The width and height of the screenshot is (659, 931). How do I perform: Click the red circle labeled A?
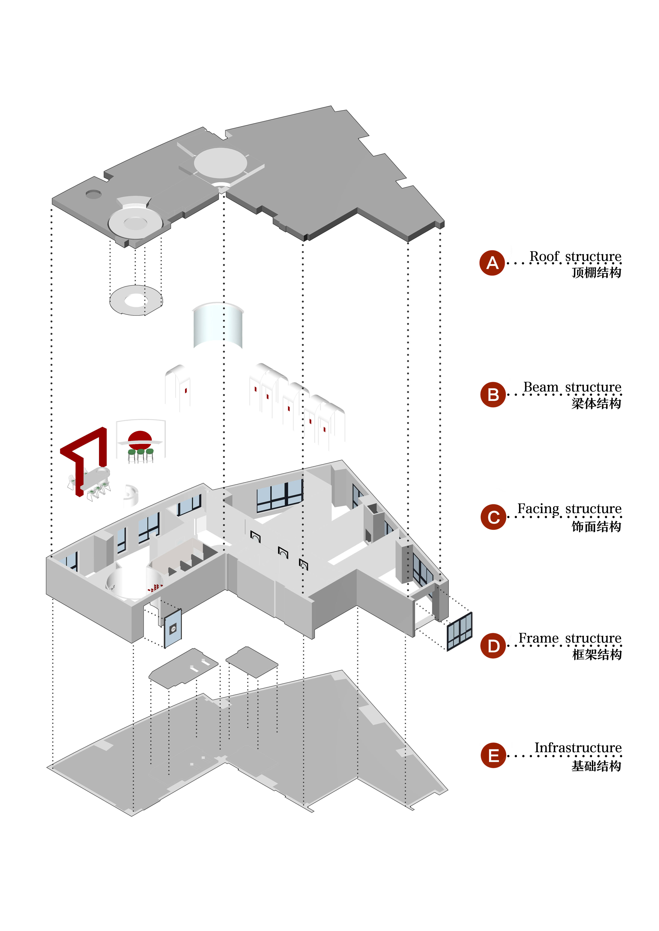pos(492,263)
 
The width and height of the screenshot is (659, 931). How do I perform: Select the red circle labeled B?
pos(493,394)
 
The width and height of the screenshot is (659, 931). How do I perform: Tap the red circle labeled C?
pos(493,517)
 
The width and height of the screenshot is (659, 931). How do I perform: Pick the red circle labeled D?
pos(493,646)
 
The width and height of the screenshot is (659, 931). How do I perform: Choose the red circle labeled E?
pos(493,755)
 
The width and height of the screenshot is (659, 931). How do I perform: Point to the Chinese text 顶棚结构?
pos(596,272)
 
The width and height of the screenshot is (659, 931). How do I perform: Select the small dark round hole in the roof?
pos(93,194)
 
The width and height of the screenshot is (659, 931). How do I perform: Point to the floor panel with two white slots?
pos(183,668)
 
